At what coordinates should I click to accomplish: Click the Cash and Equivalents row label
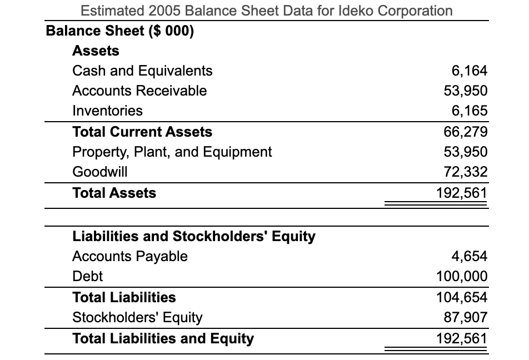point(142,71)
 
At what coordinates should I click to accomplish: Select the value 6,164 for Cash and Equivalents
point(470,71)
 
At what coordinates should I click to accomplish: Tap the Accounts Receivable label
point(139,91)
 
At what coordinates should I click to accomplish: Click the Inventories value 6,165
point(470,111)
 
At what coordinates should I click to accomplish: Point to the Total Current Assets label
point(142,132)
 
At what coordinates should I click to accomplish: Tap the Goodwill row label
point(100,172)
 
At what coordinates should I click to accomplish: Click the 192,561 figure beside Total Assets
point(463,193)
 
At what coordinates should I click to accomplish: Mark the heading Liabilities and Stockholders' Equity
point(194,236)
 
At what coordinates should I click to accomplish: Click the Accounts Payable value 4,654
point(470,256)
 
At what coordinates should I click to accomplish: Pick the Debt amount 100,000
point(463,276)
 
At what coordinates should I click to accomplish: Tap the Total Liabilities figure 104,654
point(463,297)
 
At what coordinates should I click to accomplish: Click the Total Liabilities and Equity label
point(163,338)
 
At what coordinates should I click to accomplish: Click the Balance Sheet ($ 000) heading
point(120,30)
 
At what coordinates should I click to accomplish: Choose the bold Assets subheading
point(96,51)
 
